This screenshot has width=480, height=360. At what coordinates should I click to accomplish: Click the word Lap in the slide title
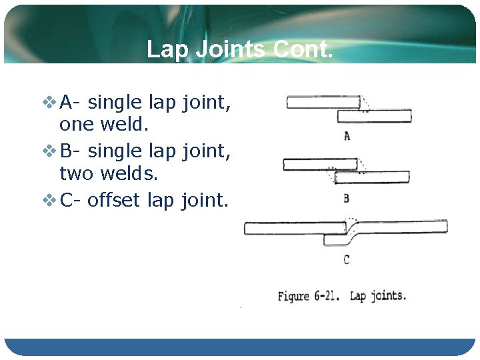click(164, 49)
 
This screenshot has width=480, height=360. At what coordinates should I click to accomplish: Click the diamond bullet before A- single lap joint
click(50, 103)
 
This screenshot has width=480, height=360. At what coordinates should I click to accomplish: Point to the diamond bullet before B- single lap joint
click(50, 151)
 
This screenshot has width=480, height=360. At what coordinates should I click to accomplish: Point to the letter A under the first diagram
click(347, 137)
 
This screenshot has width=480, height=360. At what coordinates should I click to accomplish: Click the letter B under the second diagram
click(346, 198)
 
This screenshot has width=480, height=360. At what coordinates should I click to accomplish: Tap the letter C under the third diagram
click(346, 259)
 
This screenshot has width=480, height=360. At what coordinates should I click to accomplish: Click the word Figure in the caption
click(293, 296)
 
